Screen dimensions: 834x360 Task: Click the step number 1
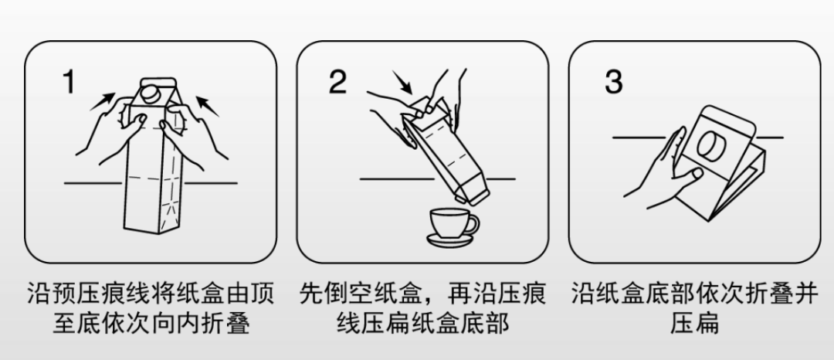[69, 83]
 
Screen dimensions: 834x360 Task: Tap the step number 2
[337, 83]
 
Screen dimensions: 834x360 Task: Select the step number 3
[613, 83]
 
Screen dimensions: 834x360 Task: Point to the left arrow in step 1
[103, 101]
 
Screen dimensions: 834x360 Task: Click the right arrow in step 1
[208, 106]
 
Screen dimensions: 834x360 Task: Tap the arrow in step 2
[402, 83]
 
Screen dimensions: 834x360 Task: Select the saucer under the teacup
[450, 241]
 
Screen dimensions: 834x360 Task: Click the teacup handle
[474, 225]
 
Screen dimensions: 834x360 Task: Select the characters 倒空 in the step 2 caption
[348, 294]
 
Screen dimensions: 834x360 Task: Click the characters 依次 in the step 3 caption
[744, 294]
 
